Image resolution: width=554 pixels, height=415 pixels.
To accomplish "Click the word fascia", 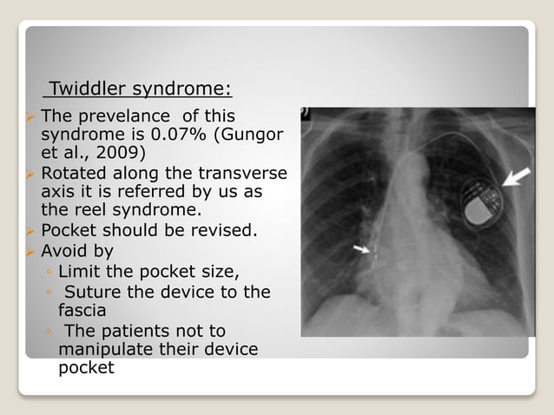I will [x=82, y=310].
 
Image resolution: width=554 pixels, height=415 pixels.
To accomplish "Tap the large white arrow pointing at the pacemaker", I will [x=514, y=181].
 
